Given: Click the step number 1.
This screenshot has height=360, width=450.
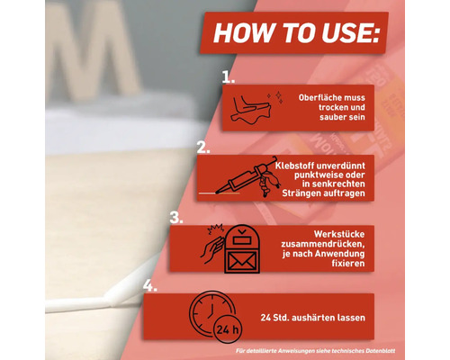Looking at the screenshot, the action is click(x=228, y=77).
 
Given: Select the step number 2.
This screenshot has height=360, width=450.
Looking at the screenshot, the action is click(x=203, y=148).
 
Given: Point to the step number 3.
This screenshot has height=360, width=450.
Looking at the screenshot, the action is click(x=176, y=217).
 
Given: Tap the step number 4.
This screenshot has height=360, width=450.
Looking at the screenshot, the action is click(x=149, y=285).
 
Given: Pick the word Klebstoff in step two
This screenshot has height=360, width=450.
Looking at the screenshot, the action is click(x=294, y=166).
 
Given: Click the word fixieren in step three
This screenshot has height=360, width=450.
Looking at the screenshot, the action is click(x=348, y=264).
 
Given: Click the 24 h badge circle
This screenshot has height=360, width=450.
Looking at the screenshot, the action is click(x=228, y=330).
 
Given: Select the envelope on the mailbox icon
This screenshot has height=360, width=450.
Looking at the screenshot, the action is click(x=242, y=261).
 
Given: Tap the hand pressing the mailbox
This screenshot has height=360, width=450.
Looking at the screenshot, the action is click(x=212, y=249).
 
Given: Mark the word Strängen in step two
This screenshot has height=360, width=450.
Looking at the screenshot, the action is click(x=298, y=193).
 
